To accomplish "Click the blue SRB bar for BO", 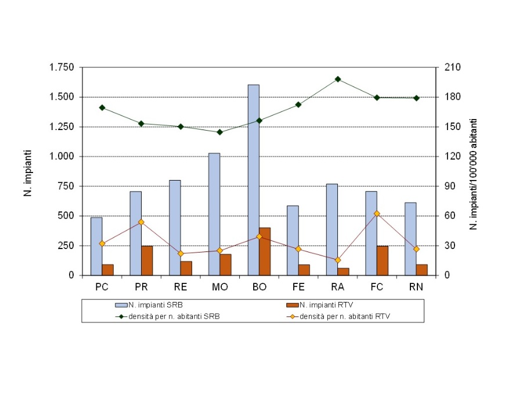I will click(x=253, y=180).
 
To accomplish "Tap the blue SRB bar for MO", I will click(x=214, y=214).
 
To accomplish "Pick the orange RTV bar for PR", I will click(x=147, y=261).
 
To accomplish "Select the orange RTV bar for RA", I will click(x=343, y=271).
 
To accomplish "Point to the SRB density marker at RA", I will click(x=337, y=79).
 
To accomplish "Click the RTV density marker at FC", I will click(x=377, y=214).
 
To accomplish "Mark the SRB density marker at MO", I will click(x=219, y=132).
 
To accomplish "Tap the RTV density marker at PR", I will click(x=141, y=222).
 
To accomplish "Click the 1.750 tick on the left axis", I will click(x=63, y=68).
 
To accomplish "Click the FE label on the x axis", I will click(x=298, y=287).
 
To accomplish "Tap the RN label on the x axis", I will click(x=416, y=287).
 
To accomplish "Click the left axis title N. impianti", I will click(x=27, y=173).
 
